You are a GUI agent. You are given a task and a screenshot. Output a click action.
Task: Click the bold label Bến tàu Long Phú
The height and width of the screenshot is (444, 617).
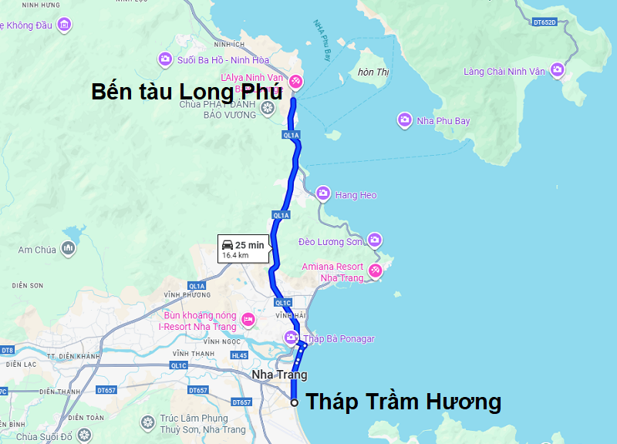[x=187, y=91]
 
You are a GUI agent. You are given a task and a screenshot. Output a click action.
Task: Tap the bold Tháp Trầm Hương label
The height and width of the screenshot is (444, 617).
[x=403, y=402]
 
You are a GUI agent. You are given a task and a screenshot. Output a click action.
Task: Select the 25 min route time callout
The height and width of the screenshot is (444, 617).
[x=244, y=249]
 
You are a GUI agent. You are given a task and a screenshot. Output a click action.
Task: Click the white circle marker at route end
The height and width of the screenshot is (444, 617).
[x=295, y=402]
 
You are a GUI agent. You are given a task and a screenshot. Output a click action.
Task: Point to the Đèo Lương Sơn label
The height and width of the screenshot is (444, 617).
[x=330, y=241]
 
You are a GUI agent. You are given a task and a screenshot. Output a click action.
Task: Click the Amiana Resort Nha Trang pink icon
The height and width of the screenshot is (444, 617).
[x=375, y=271]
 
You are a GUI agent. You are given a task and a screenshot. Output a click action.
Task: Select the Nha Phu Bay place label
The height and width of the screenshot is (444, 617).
[x=443, y=121]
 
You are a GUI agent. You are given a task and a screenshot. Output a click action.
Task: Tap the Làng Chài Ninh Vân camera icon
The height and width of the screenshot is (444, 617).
[x=558, y=71]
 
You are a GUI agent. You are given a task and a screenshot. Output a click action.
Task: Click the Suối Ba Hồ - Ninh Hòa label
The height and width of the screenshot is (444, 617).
[x=212, y=59]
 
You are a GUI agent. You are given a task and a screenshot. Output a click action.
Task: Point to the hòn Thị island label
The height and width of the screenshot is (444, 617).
[x=373, y=72]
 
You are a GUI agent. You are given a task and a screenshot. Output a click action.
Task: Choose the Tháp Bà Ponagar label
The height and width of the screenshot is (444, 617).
[x=339, y=338]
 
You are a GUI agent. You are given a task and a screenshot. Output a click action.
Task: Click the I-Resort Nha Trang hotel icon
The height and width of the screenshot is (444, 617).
[x=248, y=319]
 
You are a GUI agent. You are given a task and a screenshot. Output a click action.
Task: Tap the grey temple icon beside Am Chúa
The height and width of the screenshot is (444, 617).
[x=69, y=248]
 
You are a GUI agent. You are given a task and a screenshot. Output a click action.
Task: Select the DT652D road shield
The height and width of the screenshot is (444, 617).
[x=546, y=22]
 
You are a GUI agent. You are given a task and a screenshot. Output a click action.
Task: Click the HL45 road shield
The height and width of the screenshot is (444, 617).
[x=239, y=355]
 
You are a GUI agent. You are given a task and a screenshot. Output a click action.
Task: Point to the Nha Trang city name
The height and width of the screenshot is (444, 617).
[x=279, y=375]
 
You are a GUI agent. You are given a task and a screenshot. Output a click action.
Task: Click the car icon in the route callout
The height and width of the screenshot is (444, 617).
[x=228, y=245]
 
